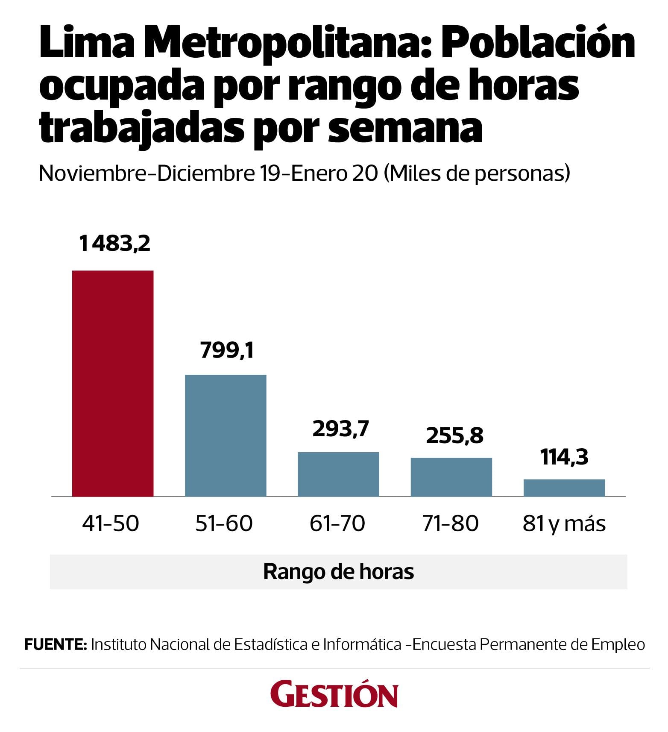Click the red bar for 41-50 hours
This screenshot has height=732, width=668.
pos(113,383)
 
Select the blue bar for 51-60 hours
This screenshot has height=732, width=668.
pos(226,435)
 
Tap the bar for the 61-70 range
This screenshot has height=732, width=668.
pos(338,474)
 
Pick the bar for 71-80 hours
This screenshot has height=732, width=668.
pos(451,477)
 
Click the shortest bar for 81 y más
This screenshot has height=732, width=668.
pos(564,488)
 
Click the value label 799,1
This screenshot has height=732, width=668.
pos(227,350)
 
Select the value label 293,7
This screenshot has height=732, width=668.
pos(340,429)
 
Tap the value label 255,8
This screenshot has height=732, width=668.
pos(454,435)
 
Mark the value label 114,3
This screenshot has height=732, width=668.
pos(564,457)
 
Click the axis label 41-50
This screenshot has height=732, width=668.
pos(111,523)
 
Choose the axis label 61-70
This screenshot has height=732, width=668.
pos(337,523)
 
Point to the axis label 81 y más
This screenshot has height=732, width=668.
pos(564,523)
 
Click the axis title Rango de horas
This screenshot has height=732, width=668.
pos(339,571)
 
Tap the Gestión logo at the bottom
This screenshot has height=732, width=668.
pos(334,696)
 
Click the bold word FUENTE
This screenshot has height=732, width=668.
pos(56,644)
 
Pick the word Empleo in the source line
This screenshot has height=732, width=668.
pos(618,644)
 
